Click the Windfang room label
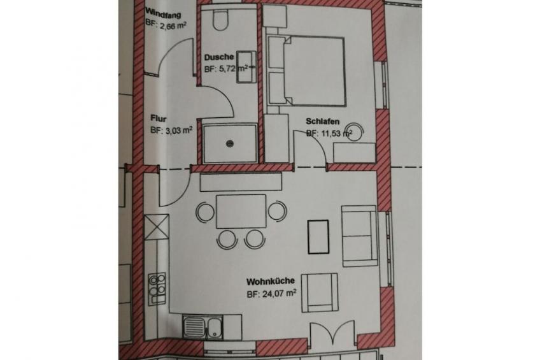coord(163,13)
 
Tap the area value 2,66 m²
coord(166,25)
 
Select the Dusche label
coord(219,57)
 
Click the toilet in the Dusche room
coord(220,20)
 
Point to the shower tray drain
coord(230,143)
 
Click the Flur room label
coord(159,119)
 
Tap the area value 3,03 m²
coord(171,131)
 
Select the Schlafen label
coord(323,122)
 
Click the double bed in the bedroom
coord(306,70)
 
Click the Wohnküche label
coord(271,282)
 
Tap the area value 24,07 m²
coord(272,294)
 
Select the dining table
coord(241,211)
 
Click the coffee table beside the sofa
coord(318,237)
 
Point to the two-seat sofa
coord(360,236)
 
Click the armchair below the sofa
coord(319,293)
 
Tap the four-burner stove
coord(157,289)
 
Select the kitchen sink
coord(203,327)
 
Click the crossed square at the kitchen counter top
coord(157,227)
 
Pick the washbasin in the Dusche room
coord(246,67)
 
